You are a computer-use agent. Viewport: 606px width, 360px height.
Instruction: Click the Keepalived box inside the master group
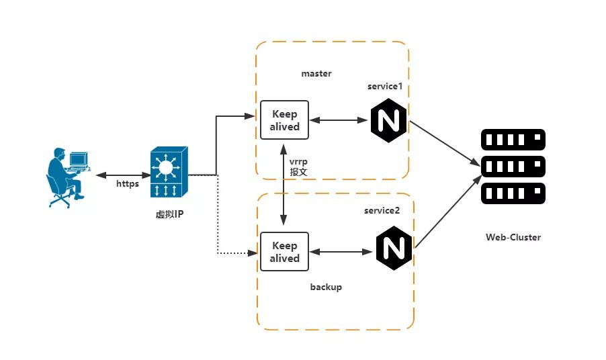click(x=284, y=120)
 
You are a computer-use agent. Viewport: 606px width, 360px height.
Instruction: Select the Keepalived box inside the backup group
click(x=284, y=252)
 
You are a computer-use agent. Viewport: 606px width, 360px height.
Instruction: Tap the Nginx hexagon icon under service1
click(x=388, y=121)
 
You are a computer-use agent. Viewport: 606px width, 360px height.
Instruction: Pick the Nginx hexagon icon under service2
click(x=394, y=248)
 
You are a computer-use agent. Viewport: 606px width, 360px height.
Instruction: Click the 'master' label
click(x=316, y=73)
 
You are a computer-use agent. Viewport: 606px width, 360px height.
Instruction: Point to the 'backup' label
click(x=326, y=287)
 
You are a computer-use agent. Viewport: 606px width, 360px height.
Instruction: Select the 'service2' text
click(x=382, y=210)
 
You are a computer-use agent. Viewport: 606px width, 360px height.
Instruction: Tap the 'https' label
click(x=128, y=183)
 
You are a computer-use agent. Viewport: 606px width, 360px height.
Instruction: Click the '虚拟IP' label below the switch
click(x=169, y=214)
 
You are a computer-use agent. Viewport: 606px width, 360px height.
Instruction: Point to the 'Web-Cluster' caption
click(x=513, y=237)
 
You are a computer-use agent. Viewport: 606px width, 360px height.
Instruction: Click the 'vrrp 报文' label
click(x=298, y=167)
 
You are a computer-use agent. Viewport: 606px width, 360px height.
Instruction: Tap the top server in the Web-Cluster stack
click(x=513, y=140)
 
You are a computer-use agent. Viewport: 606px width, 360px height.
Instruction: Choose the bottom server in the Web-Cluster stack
click(x=513, y=193)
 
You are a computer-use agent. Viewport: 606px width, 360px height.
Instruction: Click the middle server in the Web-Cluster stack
click(x=513, y=167)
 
